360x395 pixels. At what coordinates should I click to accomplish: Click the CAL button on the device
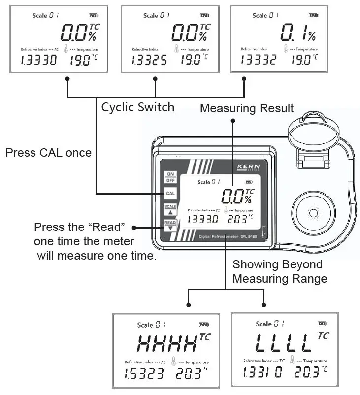click(x=170, y=193)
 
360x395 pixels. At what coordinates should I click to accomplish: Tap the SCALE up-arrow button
click(x=170, y=209)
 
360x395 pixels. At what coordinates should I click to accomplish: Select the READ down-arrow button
click(x=170, y=226)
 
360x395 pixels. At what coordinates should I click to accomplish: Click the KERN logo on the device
click(x=248, y=167)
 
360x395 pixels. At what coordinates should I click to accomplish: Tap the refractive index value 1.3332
click(x=259, y=60)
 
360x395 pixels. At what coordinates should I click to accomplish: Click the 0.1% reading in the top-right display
click(x=297, y=33)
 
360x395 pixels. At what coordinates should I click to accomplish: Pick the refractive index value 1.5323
click(x=143, y=374)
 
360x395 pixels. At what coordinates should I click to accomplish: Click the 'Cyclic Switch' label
click(x=137, y=107)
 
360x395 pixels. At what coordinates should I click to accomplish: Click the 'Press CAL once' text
click(x=48, y=152)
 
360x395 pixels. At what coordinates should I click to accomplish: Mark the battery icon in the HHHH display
click(x=204, y=325)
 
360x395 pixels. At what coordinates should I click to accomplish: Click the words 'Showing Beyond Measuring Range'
click(x=279, y=271)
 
